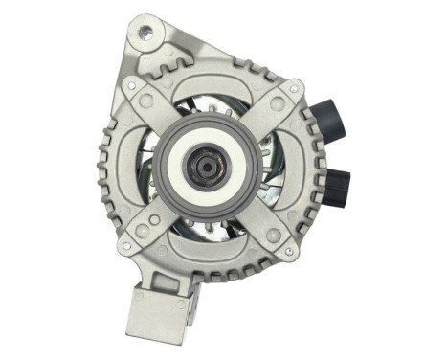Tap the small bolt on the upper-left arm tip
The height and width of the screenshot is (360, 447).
(145, 96)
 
